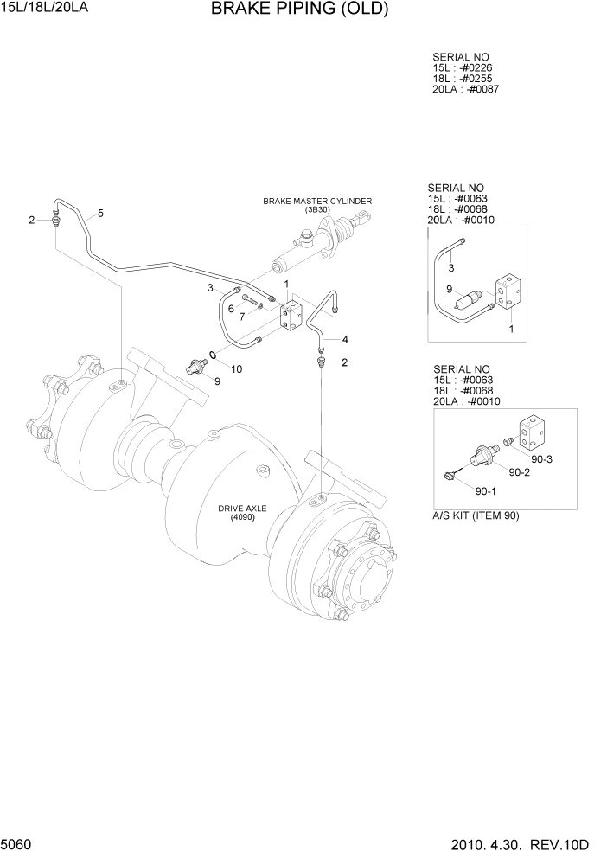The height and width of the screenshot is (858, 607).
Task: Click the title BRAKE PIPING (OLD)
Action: (299, 10)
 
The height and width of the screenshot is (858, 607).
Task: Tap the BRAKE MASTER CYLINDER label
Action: (317, 201)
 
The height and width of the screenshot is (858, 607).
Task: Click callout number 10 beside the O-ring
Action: (231, 309)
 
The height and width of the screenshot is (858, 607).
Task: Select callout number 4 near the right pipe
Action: (242, 317)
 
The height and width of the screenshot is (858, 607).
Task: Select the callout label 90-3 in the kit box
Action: (542, 458)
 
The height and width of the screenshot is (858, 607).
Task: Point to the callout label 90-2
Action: (520, 472)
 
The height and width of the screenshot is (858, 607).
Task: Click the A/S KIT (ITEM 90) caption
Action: (476, 516)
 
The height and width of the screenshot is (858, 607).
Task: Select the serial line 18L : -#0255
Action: (463, 78)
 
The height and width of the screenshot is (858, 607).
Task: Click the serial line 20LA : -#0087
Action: (466, 89)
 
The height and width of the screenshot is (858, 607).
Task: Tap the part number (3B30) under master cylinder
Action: (317, 209)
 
